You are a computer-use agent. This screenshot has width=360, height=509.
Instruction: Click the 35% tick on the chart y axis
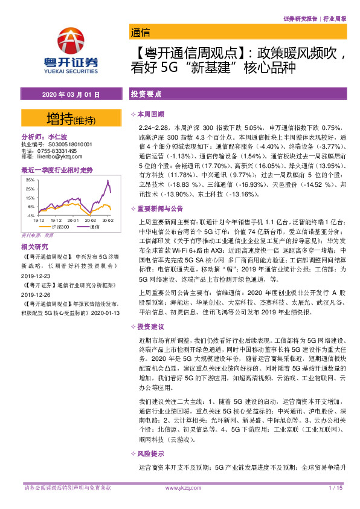(30, 180)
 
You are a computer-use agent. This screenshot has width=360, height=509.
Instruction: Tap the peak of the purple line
(108, 181)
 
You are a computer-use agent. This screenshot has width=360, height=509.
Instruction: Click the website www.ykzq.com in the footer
(180, 487)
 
